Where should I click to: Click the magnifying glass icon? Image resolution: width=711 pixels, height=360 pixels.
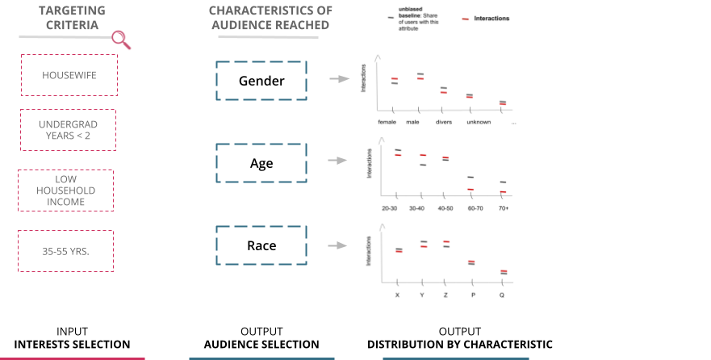coord(121,38)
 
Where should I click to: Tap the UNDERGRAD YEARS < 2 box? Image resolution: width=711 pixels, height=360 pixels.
coord(68,130)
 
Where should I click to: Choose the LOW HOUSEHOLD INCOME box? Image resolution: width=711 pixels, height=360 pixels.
coord(65,190)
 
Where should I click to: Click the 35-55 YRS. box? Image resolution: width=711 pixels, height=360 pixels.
coord(65,251)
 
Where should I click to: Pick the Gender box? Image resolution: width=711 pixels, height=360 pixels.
coord(261,81)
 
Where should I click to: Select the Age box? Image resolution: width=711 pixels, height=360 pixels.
coord(261,163)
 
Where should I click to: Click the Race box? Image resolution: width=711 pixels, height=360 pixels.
coord(261,245)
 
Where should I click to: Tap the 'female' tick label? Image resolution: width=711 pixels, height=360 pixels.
coord(387,122)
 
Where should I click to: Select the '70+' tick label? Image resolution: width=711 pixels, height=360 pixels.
coord(503,208)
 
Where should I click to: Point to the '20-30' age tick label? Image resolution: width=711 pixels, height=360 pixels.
coord(389,208)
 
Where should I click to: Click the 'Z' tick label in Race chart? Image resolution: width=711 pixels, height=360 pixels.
coord(445,295)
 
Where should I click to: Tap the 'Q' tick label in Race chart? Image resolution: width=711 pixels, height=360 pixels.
coord(502,295)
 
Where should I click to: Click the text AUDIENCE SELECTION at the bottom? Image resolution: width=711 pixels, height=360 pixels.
coord(261,345)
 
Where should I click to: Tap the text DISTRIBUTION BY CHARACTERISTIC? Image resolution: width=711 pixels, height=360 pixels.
coord(459,345)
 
